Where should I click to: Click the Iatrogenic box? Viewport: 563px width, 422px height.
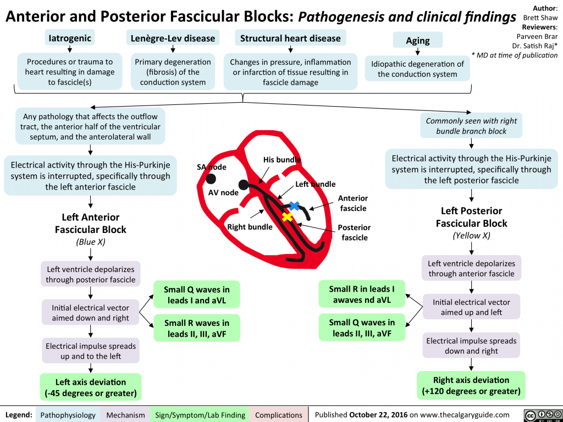70,37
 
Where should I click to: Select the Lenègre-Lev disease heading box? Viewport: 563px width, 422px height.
173,38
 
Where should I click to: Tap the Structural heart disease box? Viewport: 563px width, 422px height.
290,38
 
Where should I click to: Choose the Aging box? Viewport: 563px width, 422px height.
418,41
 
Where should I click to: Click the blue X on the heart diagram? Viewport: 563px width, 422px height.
294,206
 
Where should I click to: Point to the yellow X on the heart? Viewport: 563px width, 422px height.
286,216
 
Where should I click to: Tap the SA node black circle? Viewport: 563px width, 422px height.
211,178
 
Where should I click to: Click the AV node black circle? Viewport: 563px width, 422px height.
244,186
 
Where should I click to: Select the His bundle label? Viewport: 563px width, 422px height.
281,160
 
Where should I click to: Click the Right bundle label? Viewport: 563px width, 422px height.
250,226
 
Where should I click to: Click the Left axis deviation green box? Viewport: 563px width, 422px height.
91,387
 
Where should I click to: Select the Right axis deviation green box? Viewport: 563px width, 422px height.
471,385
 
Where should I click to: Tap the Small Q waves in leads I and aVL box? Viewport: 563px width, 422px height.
197,295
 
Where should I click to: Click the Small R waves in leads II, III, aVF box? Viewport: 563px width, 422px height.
197,328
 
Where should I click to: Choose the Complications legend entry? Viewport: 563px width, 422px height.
279,415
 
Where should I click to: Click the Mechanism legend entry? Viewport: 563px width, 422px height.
126,415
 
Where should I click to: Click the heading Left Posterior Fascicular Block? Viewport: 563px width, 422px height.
471,217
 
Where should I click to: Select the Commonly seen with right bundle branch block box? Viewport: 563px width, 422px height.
471,126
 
